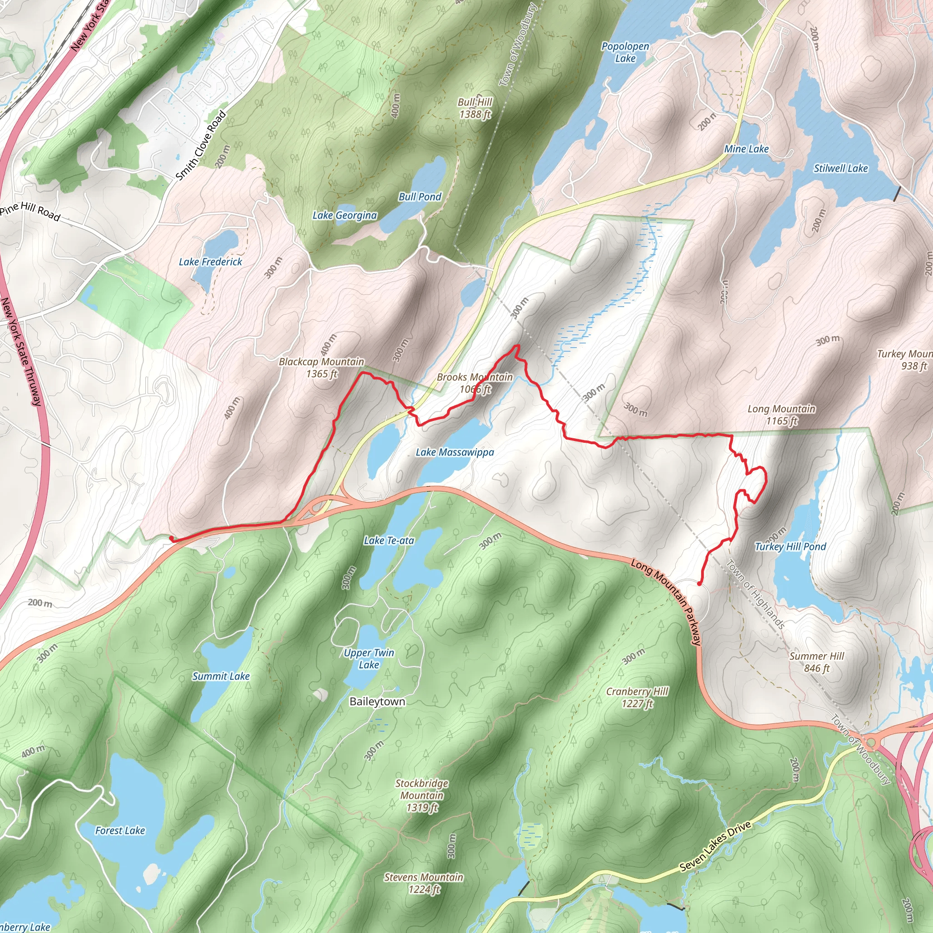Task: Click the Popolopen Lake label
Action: point(625,52)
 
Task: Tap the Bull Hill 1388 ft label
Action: point(475,108)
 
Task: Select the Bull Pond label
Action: point(420,196)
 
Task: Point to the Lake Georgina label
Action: point(344,215)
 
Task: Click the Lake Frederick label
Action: point(210,262)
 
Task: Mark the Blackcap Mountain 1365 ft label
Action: point(322,368)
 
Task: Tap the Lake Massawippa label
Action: point(455,452)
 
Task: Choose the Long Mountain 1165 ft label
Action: point(781,415)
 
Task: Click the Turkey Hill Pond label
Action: point(790,547)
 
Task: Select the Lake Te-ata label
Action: point(389,540)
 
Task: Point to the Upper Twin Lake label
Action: point(369,659)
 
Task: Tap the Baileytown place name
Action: point(377,701)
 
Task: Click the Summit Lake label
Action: point(220,676)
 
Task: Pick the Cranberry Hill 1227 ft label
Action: point(637,697)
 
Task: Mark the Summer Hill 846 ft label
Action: point(817,662)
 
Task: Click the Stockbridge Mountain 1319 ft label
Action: point(421,795)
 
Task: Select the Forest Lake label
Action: point(120,830)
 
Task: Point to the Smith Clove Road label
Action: point(201,146)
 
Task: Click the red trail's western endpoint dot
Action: point(171,538)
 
